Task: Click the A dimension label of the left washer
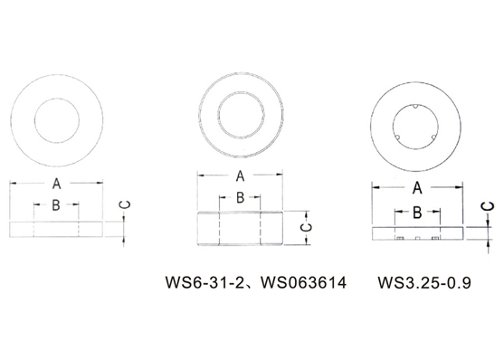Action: pos(57,184)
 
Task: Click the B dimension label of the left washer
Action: pos(56,204)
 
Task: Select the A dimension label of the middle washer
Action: pos(240,176)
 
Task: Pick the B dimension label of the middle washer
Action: pos(240,198)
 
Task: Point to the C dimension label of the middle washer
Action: pos(306,228)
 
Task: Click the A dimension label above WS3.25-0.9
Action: pos(417,188)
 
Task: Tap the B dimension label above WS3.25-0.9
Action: pos(417,213)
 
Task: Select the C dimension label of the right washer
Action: pos(489,205)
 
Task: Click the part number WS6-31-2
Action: pos(204,282)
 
